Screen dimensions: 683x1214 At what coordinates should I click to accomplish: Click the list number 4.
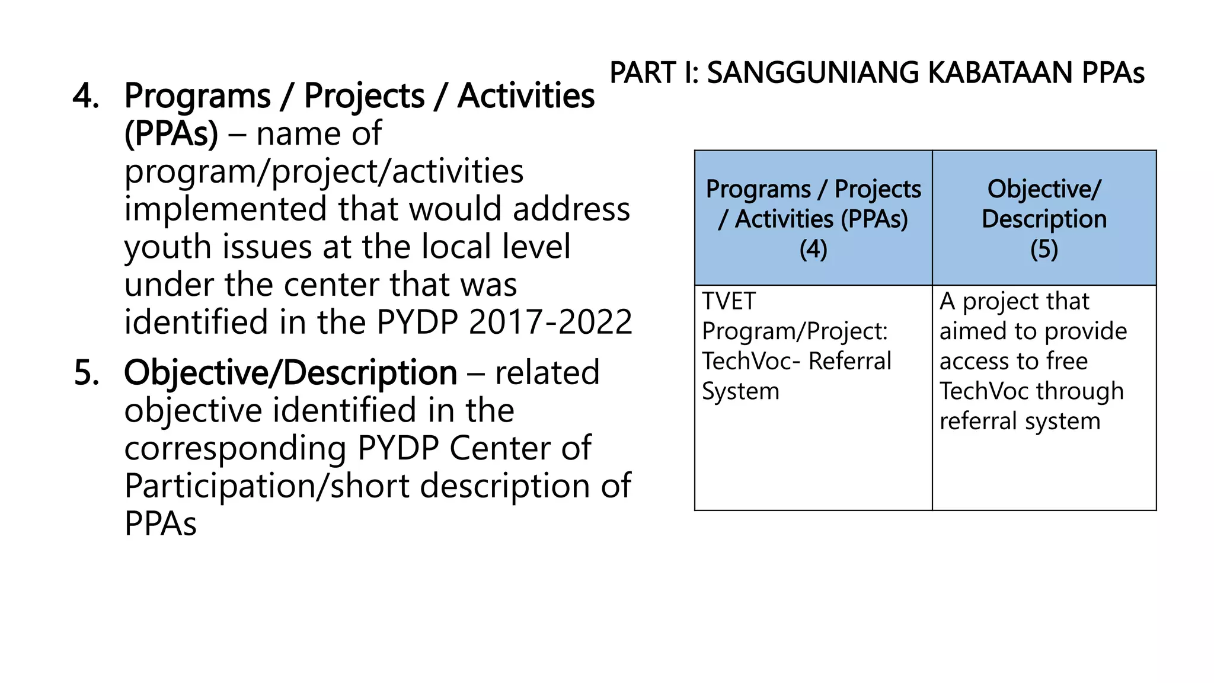tap(85, 97)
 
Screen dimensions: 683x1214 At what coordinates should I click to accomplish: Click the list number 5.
tap(87, 374)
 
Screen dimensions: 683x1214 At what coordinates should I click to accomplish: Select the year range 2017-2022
tap(551, 323)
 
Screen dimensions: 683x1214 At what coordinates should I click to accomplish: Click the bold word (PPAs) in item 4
tap(171, 134)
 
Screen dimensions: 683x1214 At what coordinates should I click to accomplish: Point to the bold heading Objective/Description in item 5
tap(290, 374)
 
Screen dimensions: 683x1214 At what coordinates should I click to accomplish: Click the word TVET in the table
tap(729, 302)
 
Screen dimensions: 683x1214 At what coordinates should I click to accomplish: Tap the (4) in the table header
tap(813, 250)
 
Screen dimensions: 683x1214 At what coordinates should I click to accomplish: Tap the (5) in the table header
tap(1044, 250)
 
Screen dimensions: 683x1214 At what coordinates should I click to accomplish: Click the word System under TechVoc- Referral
tap(740, 392)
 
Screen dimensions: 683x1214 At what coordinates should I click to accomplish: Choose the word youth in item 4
tap(168, 247)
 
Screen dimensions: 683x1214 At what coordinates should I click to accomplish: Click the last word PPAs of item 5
tap(160, 524)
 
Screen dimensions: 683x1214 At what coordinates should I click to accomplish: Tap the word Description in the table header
tap(1044, 219)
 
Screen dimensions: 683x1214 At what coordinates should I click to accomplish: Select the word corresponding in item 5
tap(235, 449)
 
